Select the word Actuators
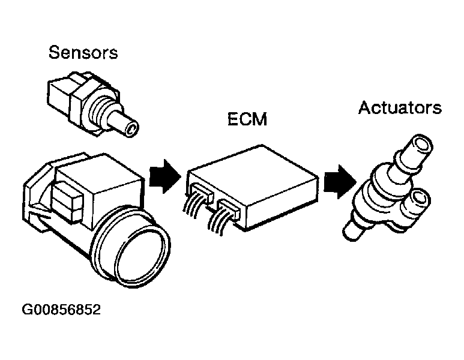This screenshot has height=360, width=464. click(400, 108)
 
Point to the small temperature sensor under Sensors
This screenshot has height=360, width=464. click(90, 99)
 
